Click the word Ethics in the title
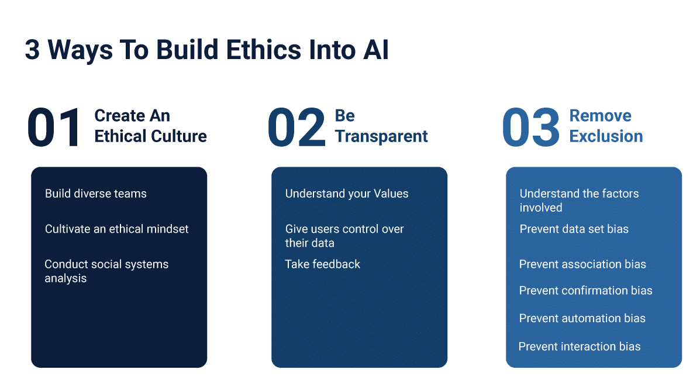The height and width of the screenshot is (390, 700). coord(264,49)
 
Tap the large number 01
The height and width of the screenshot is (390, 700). coord(54,127)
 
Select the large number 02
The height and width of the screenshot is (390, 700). coord(296,127)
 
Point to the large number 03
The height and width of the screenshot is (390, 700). coord(531,127)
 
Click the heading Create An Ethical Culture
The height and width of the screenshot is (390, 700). coord(150,126)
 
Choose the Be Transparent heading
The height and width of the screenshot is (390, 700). coord(381,126)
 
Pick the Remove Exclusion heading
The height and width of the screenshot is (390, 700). coord(606,126)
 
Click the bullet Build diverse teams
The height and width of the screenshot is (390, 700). coord(95,194)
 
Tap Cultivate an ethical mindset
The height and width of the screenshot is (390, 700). coord(116,229)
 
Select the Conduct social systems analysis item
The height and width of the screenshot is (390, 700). coord(106,271)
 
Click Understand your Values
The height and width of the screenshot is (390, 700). coord(347,194)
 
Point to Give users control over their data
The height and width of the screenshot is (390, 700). coord(344,236)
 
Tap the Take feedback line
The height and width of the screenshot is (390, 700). coord(322,264)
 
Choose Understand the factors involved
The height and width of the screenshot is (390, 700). coord(579,201)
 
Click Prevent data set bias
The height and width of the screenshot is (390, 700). coord(574,229)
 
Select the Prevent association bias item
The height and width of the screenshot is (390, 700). coord(582,264)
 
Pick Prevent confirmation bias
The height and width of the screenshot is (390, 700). coord(586,291)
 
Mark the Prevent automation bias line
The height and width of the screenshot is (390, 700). coord(582,318)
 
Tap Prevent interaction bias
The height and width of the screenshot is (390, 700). coord(580,346)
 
